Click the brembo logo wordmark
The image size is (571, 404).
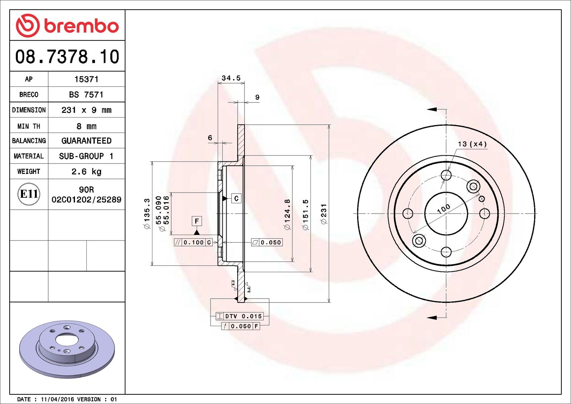point(81,26)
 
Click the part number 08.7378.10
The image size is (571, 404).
point(67,57)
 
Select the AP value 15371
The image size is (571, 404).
point(86,79)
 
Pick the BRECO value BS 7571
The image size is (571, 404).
point(86,95)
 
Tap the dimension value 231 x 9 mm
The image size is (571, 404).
point(86,110)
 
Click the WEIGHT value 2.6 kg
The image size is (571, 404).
point(86,171)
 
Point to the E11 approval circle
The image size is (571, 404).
point(29,194)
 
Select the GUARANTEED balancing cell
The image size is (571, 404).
point(86,141)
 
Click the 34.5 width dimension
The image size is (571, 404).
point(231,78)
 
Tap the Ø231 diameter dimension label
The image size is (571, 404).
point(324,214)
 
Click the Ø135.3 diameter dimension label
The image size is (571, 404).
point(147,214)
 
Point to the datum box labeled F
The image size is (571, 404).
point(197,221)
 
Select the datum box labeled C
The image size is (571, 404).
point(236,199)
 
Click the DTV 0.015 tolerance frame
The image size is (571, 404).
point(240,316)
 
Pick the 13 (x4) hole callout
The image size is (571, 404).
point(472,144)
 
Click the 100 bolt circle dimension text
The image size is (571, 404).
point(444,209)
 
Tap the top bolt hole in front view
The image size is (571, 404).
point(446,175)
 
